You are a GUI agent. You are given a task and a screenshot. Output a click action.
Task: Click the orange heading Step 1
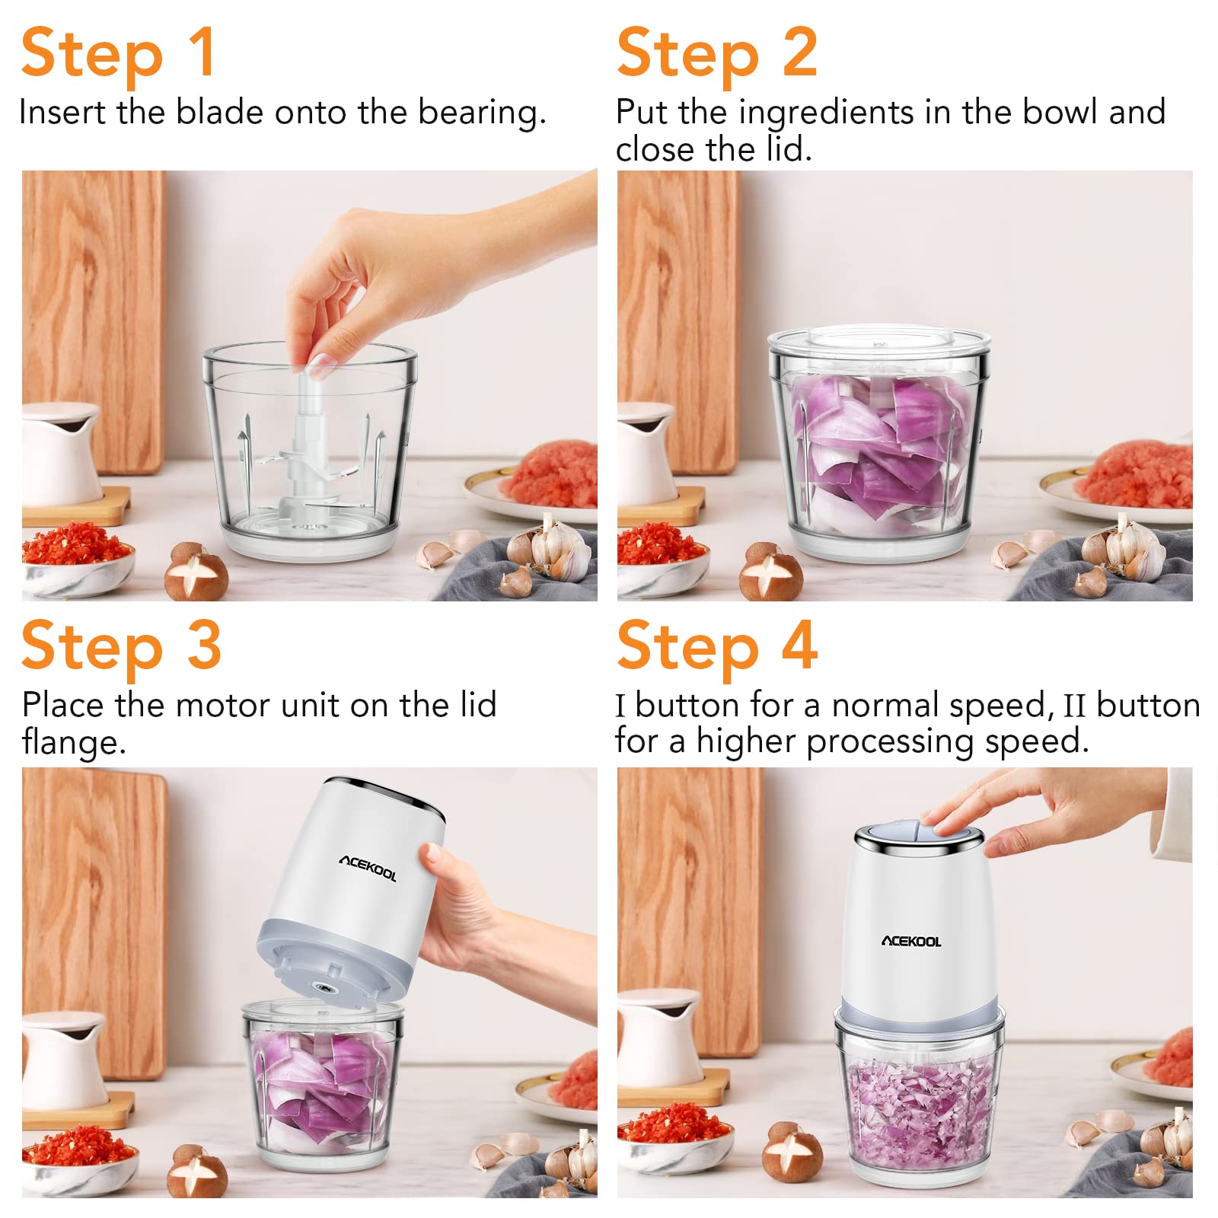coord(118,53)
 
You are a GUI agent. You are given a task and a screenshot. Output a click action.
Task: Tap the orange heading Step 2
coord(717,53)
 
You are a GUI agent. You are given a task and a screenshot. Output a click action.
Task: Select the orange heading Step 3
coord(121,646)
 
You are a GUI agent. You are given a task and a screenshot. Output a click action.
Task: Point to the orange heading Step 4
coord(717,646)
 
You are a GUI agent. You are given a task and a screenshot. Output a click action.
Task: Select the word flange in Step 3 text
coord(73,742)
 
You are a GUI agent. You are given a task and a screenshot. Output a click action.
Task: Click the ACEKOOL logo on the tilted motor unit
coord(368,868)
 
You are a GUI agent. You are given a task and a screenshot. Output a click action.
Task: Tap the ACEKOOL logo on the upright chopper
coord(911,942)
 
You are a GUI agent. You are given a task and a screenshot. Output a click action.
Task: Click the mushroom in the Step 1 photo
coord(196,571)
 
